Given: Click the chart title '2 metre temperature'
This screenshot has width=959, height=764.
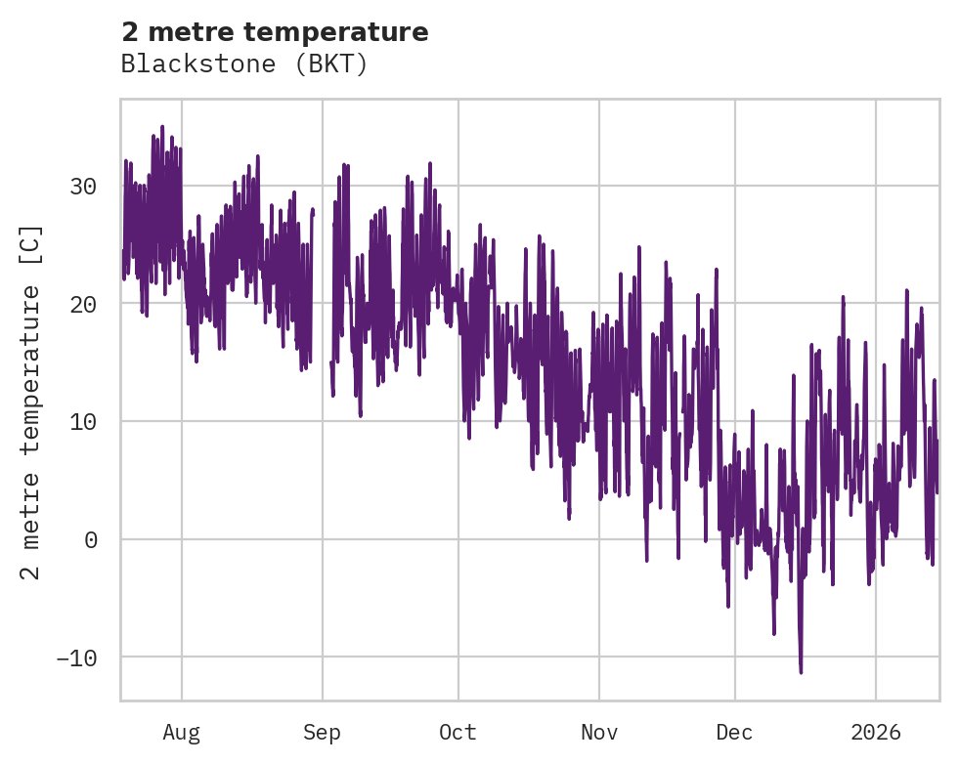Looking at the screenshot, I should [275, 32].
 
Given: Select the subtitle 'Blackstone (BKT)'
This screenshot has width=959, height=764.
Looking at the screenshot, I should [244, 64].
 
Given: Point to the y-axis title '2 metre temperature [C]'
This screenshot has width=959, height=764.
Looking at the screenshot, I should [32, 402].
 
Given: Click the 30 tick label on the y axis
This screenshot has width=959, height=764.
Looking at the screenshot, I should [84, 186].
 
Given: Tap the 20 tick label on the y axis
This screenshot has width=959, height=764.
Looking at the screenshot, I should [84, 304].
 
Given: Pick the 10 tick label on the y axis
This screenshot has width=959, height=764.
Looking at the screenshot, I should [84, 422].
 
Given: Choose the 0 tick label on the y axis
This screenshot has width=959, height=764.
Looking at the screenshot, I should [91, 539].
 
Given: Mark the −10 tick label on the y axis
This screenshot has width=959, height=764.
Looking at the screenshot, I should [77, 658].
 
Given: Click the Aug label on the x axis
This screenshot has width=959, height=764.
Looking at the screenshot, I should [182, 733].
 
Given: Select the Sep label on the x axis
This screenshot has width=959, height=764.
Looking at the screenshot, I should [322, 733].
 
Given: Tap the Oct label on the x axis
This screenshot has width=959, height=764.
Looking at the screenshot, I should [458, 733].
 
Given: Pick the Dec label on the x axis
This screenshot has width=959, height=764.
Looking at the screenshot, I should [734, 733].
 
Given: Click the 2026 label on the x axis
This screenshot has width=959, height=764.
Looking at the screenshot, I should [876, 733].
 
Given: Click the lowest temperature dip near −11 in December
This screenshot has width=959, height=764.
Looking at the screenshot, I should [801, 671].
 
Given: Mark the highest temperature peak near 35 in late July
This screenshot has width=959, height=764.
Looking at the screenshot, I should [162, 127].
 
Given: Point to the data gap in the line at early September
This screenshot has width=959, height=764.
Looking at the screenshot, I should [322, 293].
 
